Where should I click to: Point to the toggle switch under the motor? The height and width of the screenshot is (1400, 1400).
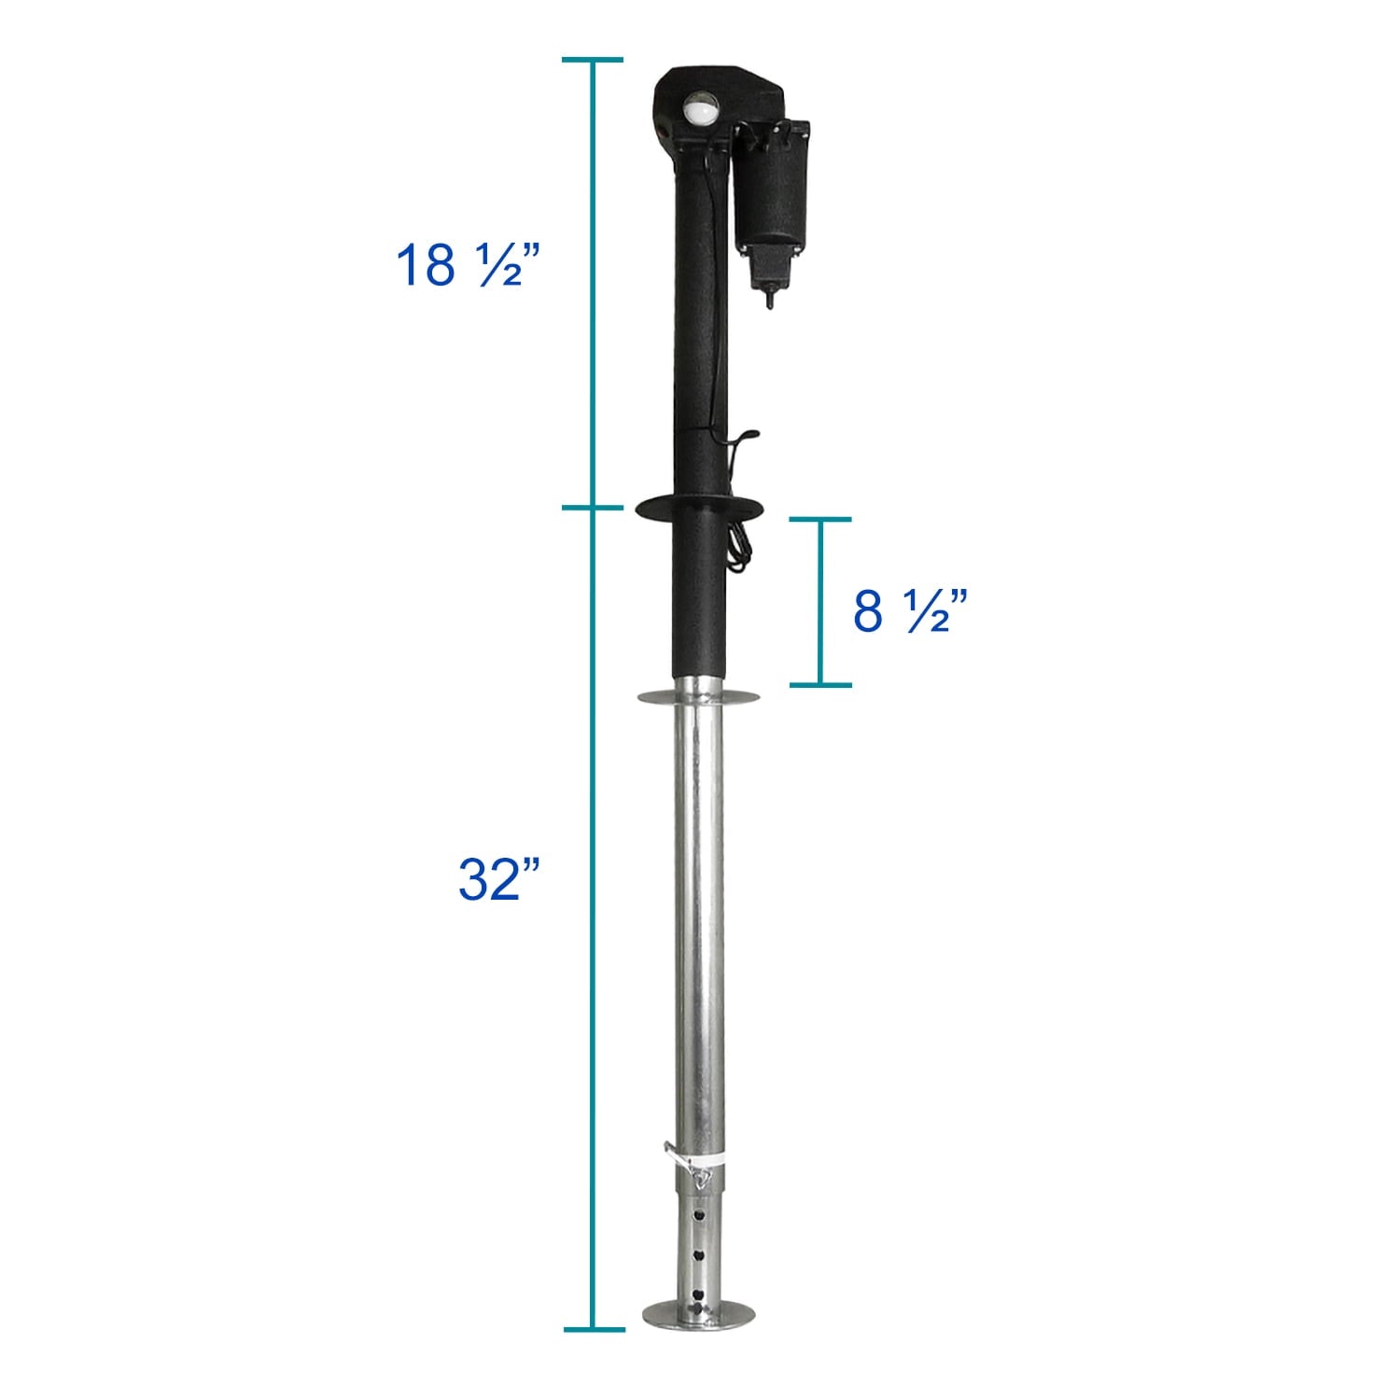pos(770,298)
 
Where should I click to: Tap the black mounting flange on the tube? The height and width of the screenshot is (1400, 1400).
pos(698,509)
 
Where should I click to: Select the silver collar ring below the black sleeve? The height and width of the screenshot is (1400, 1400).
pos(698,696)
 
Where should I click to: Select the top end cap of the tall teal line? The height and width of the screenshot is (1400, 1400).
pos(593,60)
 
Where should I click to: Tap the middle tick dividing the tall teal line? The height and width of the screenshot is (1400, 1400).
pos(593,508)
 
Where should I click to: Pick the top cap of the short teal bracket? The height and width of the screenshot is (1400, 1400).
pos(821,519)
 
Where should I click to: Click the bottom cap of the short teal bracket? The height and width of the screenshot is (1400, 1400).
pos(821,685)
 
